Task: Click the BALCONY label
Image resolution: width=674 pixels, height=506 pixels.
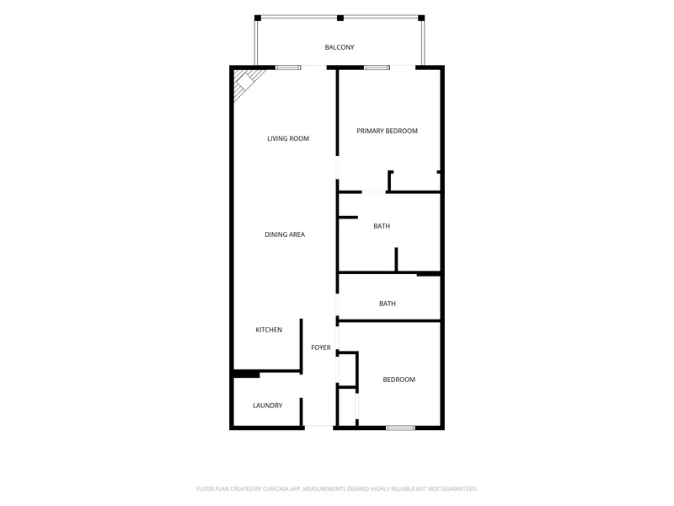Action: tap(340, 47)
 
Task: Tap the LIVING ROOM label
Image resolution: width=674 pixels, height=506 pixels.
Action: tap(288, 138)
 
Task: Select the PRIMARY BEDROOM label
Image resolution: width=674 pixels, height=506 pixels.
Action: tap(387, 131)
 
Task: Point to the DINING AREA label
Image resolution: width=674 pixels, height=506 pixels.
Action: tap(285, 234)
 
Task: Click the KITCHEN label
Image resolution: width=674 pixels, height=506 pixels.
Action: tap(269, 330)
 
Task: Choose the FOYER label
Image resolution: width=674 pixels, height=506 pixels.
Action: tap(321, 347)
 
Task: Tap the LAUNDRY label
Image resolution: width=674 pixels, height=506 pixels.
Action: tap(267, 406)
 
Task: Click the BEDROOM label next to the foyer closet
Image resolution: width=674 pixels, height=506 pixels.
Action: tap(399, 379)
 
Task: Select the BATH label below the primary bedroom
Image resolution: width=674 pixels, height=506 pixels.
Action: tap(382, 226)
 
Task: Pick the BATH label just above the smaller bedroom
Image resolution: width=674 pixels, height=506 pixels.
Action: tap(388, 304)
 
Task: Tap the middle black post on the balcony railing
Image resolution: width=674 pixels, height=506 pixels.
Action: tap(340, 18)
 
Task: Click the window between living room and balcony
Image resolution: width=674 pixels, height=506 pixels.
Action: tap(288, 67)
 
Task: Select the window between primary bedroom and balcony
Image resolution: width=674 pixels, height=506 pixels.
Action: tap(377, 67)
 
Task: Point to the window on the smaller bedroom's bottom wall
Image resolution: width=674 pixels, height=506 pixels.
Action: tap(400, 428)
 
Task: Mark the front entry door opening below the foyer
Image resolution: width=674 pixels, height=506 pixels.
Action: tap(318, 428)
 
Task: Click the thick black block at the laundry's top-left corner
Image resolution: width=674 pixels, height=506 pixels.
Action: tap(246, 374)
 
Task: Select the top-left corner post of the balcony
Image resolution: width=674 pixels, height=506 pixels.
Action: tap(258, 18)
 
